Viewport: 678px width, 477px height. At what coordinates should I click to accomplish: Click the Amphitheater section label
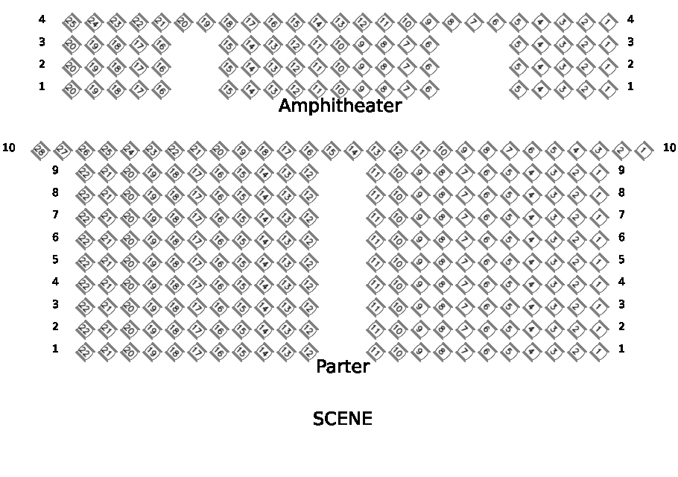[x=340, y=106]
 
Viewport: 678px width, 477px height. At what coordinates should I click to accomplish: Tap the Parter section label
[x=343, y=367]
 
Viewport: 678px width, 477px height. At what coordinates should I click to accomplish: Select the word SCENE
[x=342, y=419]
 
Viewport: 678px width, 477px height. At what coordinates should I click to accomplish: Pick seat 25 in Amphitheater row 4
[x=71, y=22]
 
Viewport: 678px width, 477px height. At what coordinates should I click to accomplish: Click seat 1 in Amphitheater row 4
[x=609, y=22]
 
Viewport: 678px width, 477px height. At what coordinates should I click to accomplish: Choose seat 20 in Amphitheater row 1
[x=71, y=89]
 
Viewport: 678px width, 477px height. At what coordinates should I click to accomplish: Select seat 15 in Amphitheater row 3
[x=227, y=45]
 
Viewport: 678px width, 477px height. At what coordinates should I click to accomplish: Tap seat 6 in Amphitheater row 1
[x=428, y=89]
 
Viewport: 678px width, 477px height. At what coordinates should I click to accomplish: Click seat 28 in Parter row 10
[x=39, y=151]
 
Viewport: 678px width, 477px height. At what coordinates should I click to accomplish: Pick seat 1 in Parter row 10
[x=643, y=151]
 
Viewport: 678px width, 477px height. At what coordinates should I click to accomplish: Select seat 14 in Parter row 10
[x=352, y=151]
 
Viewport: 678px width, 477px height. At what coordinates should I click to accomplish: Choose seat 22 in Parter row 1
[x=83, y=352]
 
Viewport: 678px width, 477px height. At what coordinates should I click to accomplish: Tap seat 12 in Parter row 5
[x=307, y=262]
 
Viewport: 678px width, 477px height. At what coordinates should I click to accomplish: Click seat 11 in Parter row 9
[x=376, y=173]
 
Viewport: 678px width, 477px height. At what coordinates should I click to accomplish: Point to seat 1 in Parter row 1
[x=598, y=352]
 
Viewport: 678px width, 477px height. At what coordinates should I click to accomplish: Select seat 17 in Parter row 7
[x=195, y=218]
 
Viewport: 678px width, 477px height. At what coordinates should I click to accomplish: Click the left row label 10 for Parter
[x=9, y=148]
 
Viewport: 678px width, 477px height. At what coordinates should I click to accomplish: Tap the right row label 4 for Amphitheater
[x=630, y=19]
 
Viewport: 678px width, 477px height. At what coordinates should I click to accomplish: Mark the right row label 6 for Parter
[x=621, y=237]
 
